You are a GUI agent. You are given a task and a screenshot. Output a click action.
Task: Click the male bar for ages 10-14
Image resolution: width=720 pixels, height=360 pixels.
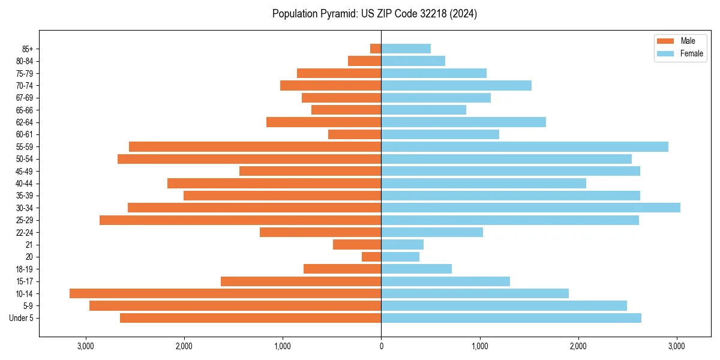pyautogui.click(x=225, y=293)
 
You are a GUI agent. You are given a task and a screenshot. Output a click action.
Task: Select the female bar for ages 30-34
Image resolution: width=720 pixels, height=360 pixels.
pyautogui.click(x=530, y=208)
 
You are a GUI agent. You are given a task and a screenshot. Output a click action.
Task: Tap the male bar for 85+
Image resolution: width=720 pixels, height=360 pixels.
pyautogui.click(x=376, y=49)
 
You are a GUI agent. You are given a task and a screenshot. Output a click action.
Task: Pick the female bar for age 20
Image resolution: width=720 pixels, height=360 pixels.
pyautogui.click(x=400, y=257)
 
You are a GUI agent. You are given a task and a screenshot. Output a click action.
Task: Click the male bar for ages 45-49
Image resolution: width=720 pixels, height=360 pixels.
pyautogui.click(x=310, y=171)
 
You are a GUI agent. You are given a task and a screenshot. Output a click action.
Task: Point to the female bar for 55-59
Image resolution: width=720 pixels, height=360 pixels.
pyautogui.click(x=524, y=146)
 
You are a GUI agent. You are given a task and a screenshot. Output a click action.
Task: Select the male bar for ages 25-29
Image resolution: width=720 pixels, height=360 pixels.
pyautogui.click(x=240, y=220)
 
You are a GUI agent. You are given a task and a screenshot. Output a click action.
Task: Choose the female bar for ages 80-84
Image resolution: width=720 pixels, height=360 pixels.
pyautogui.click(x=413, y=61)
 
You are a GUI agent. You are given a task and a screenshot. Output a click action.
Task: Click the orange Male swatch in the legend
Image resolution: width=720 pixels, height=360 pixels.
pyautogui.click(x=665, y=41)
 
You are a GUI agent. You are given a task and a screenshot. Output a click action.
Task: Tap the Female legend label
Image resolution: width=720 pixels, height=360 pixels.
pyautogui.click(x=692, y=53)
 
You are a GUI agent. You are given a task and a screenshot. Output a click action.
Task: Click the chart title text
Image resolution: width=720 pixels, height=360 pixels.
pyautogui.click(x=374, y=14)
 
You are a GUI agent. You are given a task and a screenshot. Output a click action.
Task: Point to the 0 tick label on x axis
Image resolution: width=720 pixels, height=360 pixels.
pyautogui.click(x=381, y=347)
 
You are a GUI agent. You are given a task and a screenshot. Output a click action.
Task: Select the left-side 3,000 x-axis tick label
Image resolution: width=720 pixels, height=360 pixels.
pyautogui.click(x=85, y=347)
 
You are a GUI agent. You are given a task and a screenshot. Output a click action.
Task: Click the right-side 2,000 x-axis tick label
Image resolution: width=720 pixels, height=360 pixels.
pyautogui.click(x=578, y=347)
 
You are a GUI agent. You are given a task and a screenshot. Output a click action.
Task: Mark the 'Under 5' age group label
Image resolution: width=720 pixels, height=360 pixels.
pyautogui.click(x=21, y=318)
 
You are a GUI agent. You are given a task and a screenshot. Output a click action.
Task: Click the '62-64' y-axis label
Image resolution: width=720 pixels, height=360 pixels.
pyautogui.click(x=25, y=122)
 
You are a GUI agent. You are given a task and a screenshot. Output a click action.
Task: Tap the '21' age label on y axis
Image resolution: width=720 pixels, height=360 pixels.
pyautogui.click(x=29, y=245)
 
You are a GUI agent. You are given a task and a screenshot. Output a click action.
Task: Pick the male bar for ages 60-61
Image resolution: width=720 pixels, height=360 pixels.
pyautogui.click(x=355, y=134)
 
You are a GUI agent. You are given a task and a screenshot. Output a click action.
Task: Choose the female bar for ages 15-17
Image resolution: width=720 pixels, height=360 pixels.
pyautogui.click(x=445, y=281)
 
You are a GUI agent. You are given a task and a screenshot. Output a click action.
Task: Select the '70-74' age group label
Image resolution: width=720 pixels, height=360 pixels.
pyautogui.click(x=25, y=85)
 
